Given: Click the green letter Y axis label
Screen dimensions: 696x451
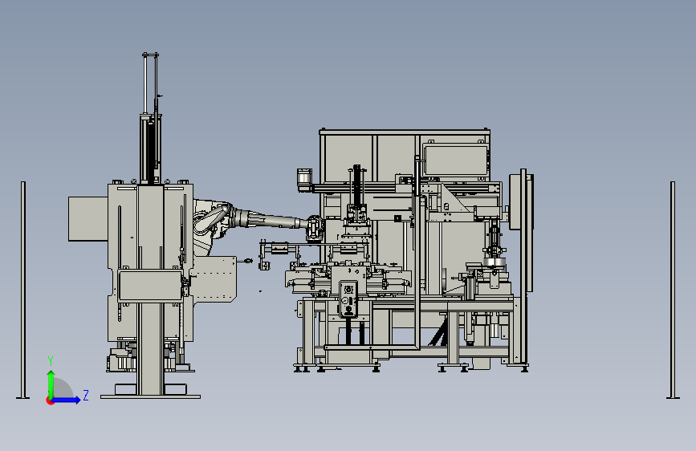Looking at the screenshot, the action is [x=51, y=361].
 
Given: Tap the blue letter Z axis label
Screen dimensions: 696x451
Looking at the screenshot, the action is [x=86, y=395].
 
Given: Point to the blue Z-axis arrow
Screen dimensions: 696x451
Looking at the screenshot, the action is [x=65, y=400].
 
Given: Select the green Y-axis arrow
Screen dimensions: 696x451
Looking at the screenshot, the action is [x=51, y=384].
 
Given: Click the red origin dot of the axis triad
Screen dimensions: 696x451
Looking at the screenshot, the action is [x=50, y=401].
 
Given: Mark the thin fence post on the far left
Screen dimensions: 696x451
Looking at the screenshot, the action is [x=23, y=290].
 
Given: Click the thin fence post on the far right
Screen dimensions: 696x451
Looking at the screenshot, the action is [x=673, y=290].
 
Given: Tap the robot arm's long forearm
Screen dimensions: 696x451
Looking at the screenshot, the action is [x=271, y=220].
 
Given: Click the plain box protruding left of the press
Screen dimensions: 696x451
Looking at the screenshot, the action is [x=88, y=219].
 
